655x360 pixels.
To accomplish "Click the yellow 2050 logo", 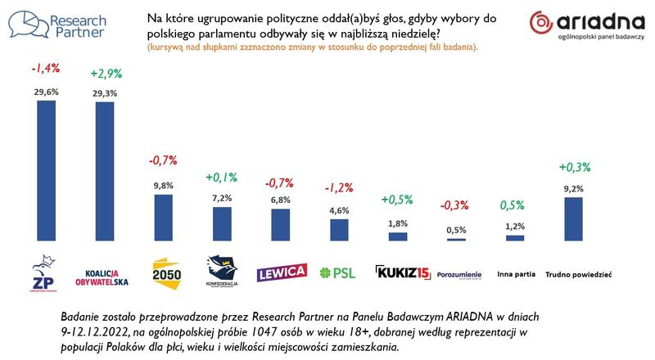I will pyautogui.click(x=162, y=271).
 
